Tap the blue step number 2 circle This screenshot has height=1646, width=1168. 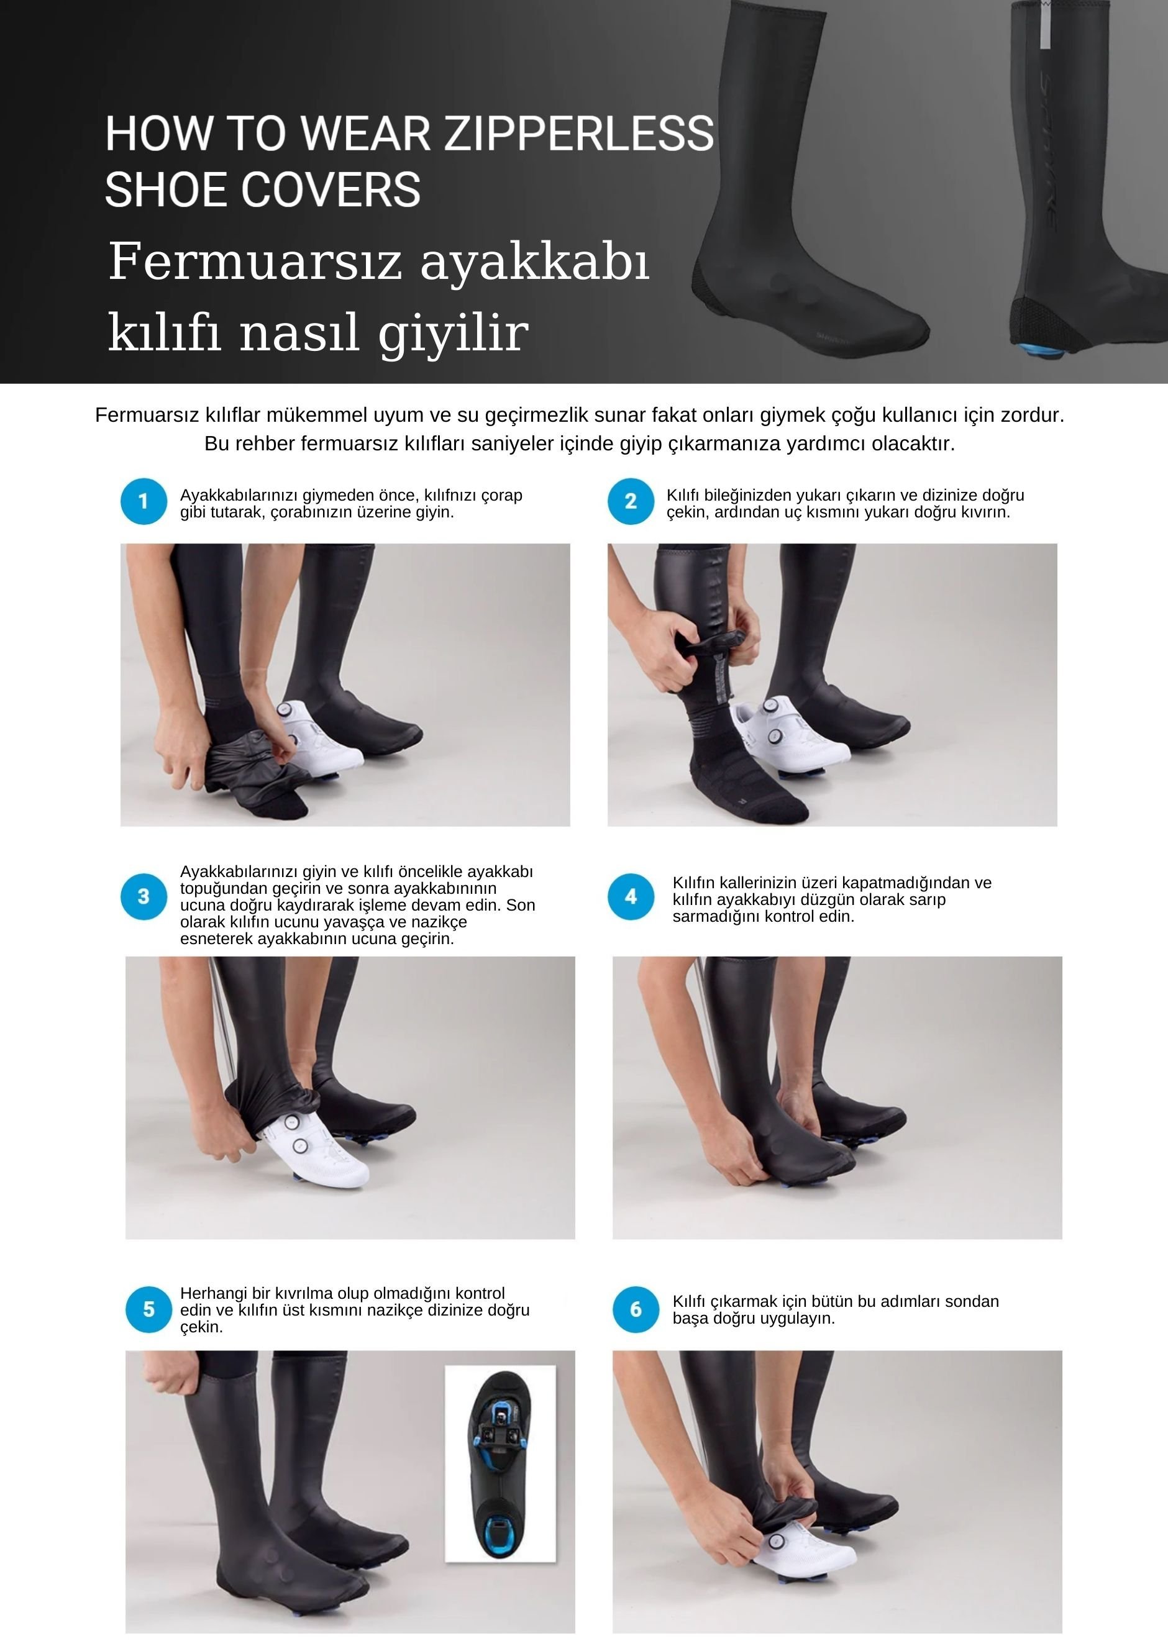631,501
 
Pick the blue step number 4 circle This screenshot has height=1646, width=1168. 631,896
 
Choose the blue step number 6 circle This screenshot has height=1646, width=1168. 636,1309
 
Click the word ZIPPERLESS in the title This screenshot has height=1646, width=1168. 578,134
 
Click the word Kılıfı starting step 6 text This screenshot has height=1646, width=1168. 689,1301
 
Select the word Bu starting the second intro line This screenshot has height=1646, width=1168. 214,443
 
